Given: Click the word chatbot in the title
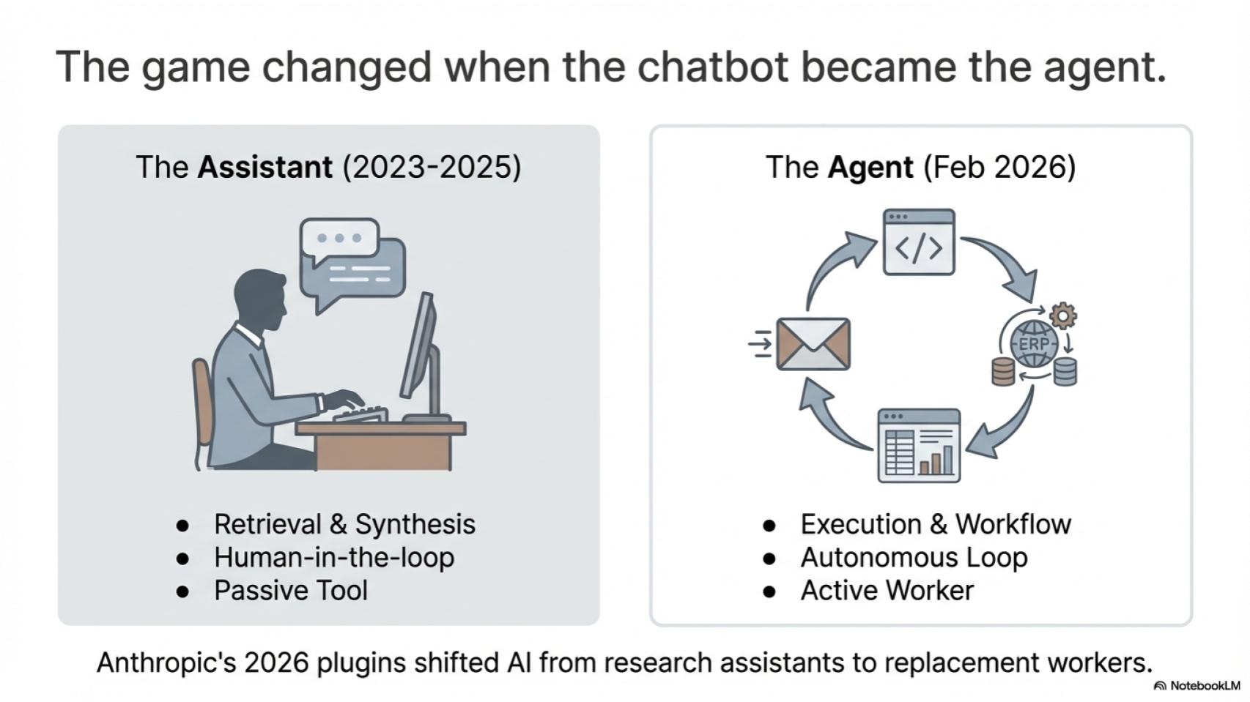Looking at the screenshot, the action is click(713, 67).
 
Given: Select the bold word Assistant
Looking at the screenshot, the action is click(265, 167).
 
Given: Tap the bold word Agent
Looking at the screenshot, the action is click(870, 168).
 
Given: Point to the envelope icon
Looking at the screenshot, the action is click(813, 344).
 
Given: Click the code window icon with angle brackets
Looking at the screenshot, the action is click(919, 242).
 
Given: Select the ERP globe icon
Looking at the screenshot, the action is click(1035, 343).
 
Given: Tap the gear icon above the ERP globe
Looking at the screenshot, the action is click(1063, 316).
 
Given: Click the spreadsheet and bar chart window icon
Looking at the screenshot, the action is click(919, 446).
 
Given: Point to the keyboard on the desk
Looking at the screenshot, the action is click(360, 414).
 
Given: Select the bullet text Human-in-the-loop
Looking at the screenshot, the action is click(334, 558).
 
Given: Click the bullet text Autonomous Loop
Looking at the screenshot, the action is click(914, 558).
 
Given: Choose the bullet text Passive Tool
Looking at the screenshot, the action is click(291, 591).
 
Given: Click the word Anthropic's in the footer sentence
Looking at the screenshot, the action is click(166, 663).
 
